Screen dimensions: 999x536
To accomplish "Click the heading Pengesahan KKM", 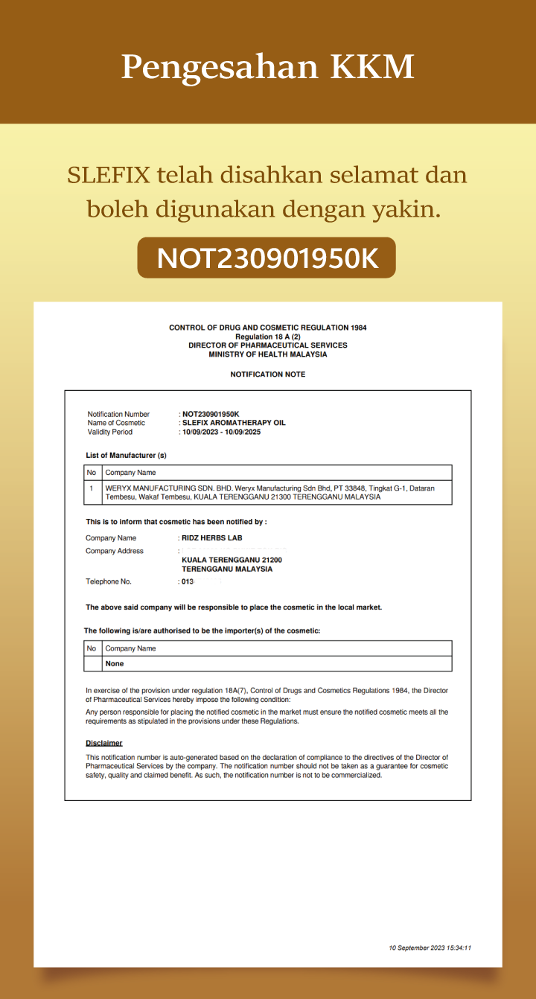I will click(x=267, y=67).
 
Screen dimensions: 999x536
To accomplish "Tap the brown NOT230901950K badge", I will click(x=267, y=258).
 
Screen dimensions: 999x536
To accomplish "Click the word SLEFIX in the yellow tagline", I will click(x=109, y=176).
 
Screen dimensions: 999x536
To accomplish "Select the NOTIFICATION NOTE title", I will click(x=267, y=374).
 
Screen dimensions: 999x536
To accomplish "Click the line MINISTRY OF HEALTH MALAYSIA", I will click(x=267, y=354).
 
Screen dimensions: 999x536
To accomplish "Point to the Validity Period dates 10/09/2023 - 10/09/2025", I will click(x=221, y=432).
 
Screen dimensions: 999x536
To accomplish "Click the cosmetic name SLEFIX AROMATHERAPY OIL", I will click(x=234, y=423).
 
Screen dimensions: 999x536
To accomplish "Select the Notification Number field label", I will click(x=118, y=414).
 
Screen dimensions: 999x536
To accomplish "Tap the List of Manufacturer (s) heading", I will click(x=126, y=455).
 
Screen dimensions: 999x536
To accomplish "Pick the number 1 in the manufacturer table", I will click(x=92, y=488).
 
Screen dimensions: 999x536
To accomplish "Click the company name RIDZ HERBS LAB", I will click(x=212, y=537).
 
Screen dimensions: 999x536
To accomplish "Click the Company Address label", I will click(x=115, y=551).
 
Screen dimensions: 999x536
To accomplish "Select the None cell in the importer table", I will click(x=115, y=663).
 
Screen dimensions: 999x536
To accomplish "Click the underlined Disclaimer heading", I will click(x=103, y=743).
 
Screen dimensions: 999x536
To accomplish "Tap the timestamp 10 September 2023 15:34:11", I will click(x=430, y=948).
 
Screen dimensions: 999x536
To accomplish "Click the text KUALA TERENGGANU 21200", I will click(x=232, y=560).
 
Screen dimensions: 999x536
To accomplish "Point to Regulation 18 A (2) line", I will click(x=267, y=336).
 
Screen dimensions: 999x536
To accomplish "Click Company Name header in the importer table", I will click(x=130, y=648).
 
